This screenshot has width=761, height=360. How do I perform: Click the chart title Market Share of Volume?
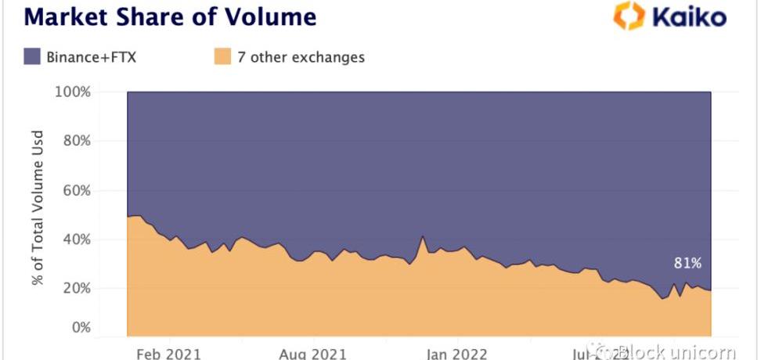pyautogui.click(x=160, y=15)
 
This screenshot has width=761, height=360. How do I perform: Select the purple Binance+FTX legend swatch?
pyautogui.click(x=32, y=56)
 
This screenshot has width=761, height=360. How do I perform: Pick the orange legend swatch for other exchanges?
pyautogui.click(x=222, y=56)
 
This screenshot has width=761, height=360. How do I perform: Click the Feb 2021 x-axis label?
pyautogui.click(x=168, y=353)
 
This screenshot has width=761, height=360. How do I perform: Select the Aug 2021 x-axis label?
pyautogui.click(x=312, y=353)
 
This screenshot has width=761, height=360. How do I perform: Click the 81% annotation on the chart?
pyautogui.click(x=687, y=264)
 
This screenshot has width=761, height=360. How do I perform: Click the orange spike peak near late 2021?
pyautogui.click(x=423, y=236)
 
